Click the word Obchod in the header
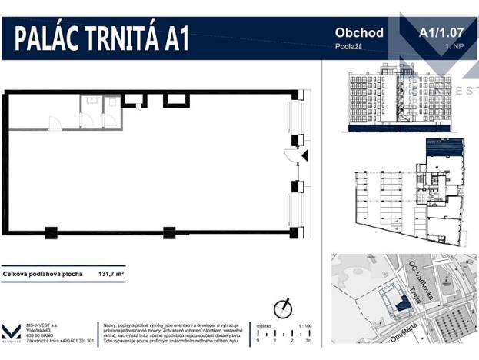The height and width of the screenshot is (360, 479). point(360,33)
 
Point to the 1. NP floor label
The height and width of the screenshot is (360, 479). point(453,48)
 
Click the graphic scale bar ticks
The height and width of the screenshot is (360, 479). point(285,332)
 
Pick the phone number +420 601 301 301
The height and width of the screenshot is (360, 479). point(77,340)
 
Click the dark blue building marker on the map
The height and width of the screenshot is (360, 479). point(401,305)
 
